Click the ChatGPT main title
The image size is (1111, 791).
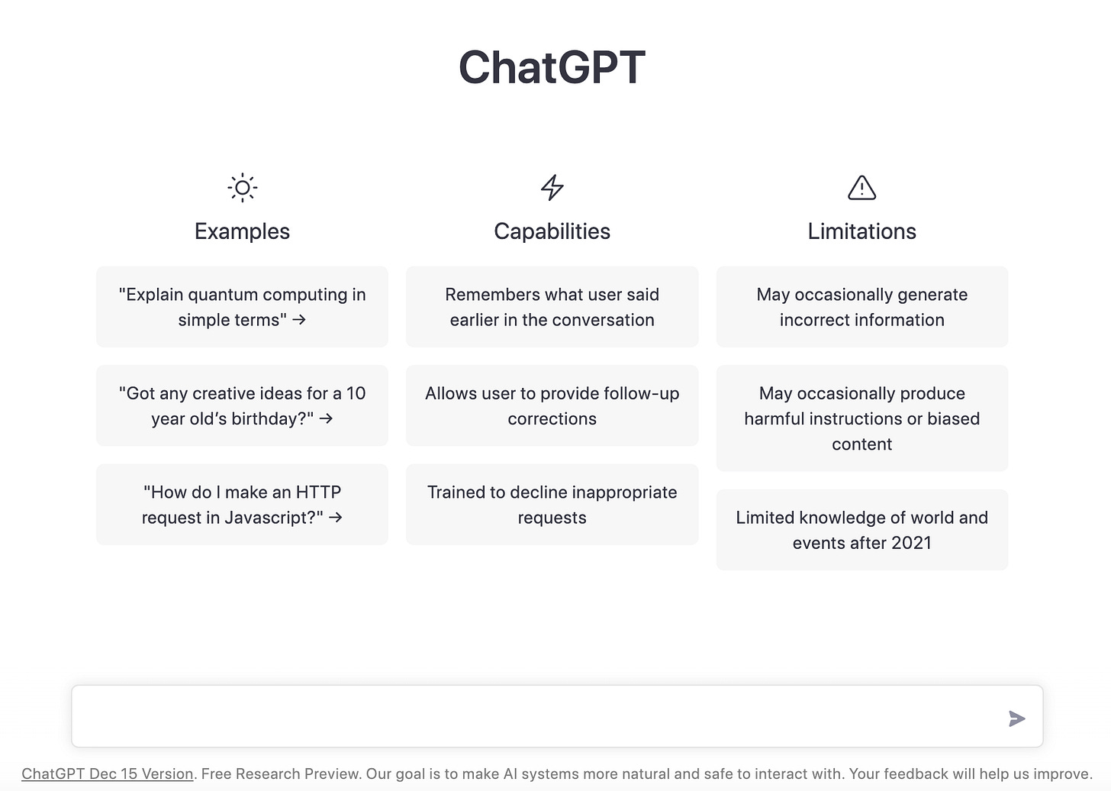coord(552,67)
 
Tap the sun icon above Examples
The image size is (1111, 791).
coord(242,187)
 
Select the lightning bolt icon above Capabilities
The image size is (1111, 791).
coord(552,187)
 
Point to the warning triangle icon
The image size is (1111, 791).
coord(861,187)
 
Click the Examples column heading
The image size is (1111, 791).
coord(242,231)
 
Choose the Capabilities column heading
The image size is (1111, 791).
coord(552,231)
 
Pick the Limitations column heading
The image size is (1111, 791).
coord(861,231)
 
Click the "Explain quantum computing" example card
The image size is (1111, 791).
coord(242,307)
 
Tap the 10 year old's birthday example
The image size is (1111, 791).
coord(242,405)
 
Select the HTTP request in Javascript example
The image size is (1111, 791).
coord(242,505)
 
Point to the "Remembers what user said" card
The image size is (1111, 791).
coord(552,307)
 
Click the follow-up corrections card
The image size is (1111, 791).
coord(552,405)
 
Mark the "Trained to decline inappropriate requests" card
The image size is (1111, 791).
coord(552,505)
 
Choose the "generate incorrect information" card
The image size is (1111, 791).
coord(861,307)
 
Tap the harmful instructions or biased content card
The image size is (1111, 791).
coord(861,418)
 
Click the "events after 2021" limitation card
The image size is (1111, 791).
coord(861,530)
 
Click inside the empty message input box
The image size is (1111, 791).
coord(534,716)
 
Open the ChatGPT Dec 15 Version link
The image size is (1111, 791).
coord(108,773)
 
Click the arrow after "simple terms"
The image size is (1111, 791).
coord(299,320)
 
